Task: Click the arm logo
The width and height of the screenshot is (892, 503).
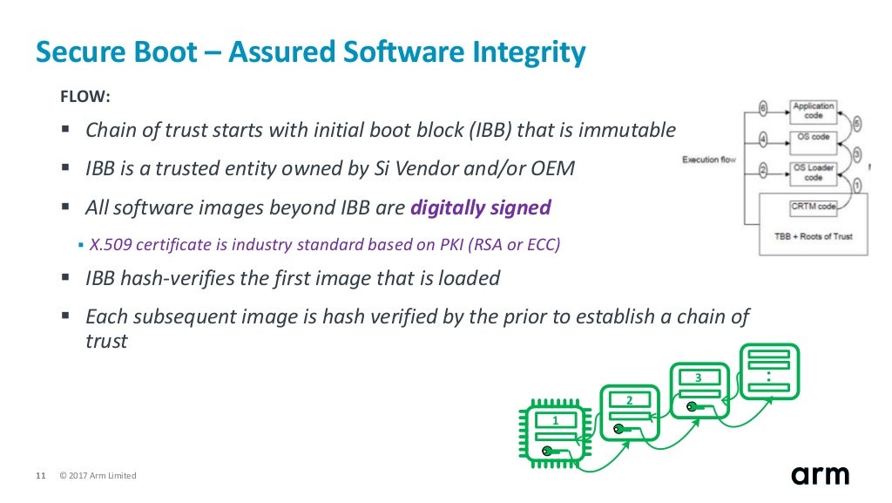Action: [820, 475]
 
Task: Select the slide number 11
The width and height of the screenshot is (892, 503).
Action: [39, 475]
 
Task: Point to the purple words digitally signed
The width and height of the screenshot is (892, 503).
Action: [480, 207]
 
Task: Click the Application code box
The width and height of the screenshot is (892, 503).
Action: [814, 111]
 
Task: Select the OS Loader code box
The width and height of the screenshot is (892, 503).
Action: [814, 173]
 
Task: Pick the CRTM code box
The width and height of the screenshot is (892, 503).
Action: [814, 207]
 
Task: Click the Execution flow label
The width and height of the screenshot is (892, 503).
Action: [708, 160]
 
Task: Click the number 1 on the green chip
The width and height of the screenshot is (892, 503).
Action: [555, 420]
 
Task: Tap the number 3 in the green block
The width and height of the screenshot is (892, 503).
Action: [698, 377]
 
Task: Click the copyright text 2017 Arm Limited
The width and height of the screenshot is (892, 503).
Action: [98, 475]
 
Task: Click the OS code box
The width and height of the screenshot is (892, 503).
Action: [814, 138]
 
